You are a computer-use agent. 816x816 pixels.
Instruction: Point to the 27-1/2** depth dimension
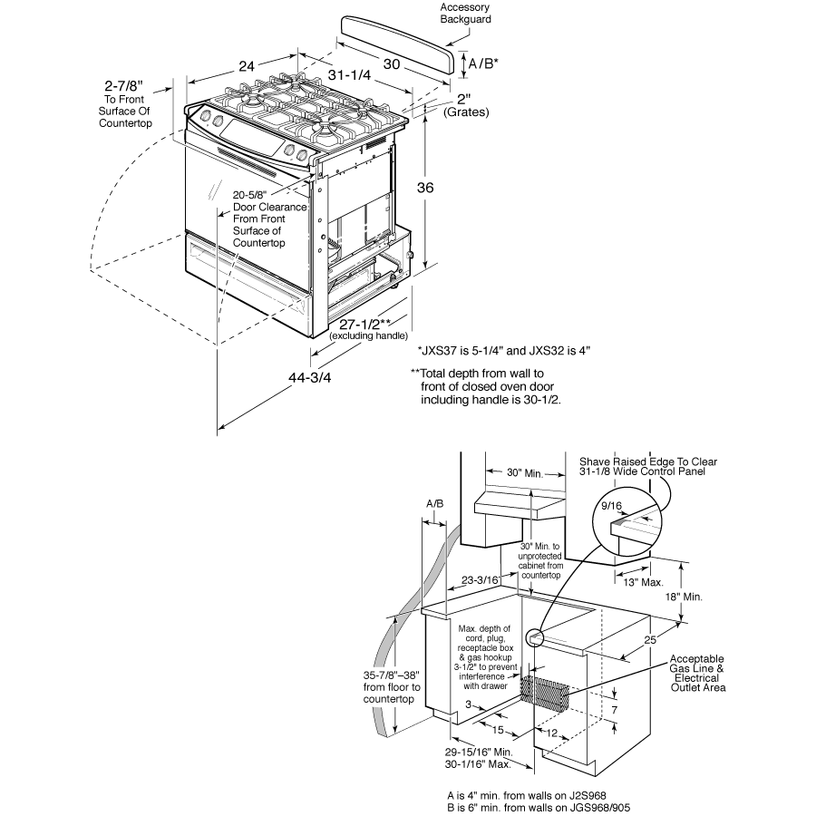coord(360,324)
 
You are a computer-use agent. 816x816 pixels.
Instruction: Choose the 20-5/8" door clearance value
coord(257,195)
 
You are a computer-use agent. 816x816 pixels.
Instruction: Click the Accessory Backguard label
coord(465,12)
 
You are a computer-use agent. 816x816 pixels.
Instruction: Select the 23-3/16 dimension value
coord(481,579)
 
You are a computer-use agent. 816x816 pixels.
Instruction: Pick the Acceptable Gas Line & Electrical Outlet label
coord(697,674)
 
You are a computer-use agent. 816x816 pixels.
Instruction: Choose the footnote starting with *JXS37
coord(504,351)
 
